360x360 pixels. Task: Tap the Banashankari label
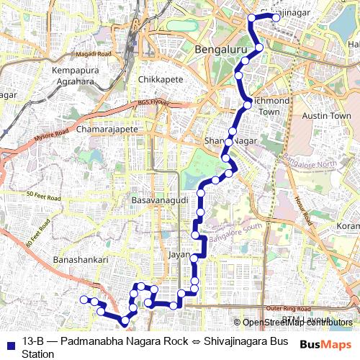[x=81, y=259]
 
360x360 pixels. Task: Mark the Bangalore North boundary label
[x=309, y=163]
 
